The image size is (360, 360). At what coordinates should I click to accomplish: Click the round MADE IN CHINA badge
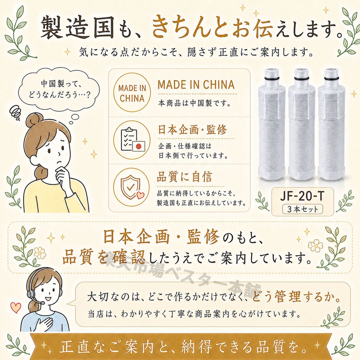132,93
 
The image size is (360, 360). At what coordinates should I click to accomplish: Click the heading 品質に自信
184,177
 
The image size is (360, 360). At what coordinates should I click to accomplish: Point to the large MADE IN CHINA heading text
196,84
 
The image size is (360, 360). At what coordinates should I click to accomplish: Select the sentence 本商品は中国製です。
194,103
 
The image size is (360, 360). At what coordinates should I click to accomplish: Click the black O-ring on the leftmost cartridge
272,77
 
